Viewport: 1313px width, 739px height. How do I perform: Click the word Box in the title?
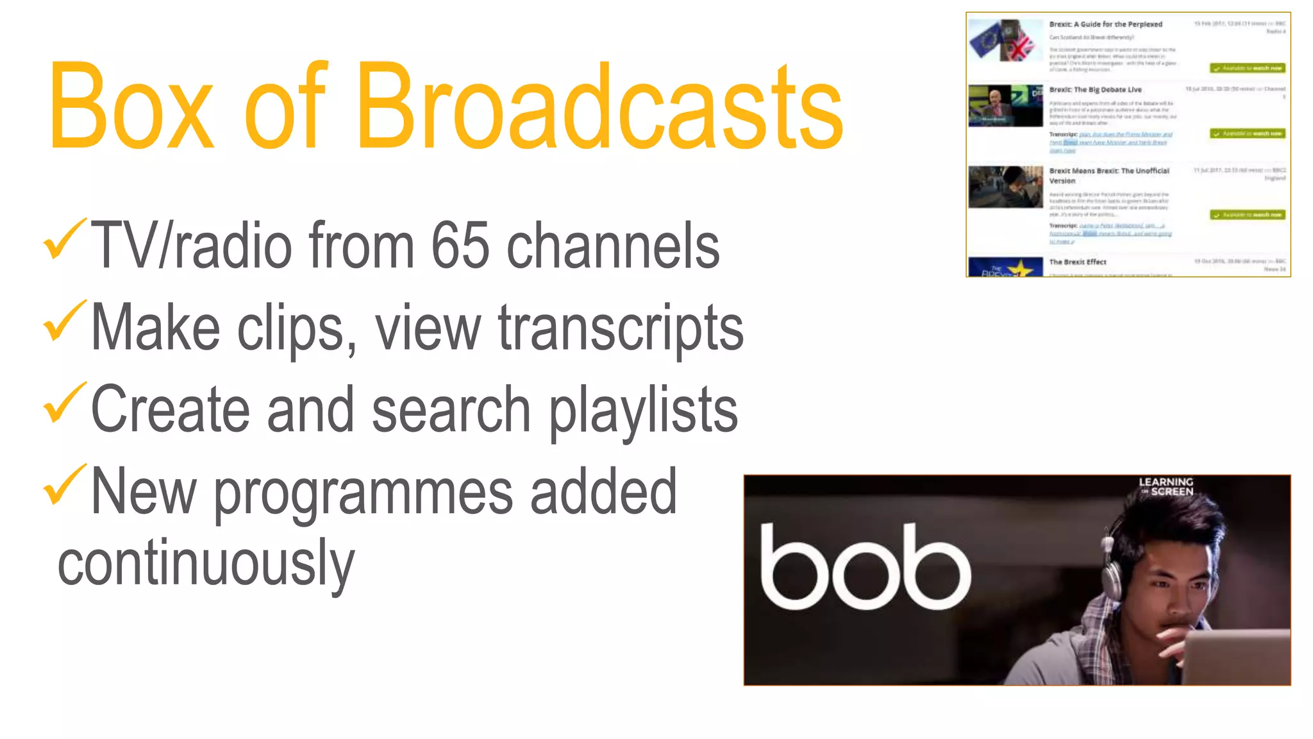point(131,107)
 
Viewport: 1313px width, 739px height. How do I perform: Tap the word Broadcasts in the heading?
point(599,107)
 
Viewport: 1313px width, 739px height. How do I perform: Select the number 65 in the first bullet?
point(460,246)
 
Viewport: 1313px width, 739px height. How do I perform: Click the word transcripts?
point(621,328)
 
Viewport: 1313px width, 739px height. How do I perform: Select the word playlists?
point(643,411)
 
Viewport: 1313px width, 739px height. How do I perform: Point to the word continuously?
point(206,563)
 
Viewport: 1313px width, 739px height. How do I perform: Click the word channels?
point(613,246)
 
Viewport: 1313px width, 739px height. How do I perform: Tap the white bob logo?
point(866,568)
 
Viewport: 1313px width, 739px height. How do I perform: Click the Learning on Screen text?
point(1166,486)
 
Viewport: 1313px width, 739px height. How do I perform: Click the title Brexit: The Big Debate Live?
point(1095,90)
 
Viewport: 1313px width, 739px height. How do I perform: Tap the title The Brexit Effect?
point(1078,262)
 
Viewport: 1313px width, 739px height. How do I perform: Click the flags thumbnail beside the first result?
point(1005,40)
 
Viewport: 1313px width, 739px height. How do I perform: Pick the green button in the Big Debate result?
point(1248,133)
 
